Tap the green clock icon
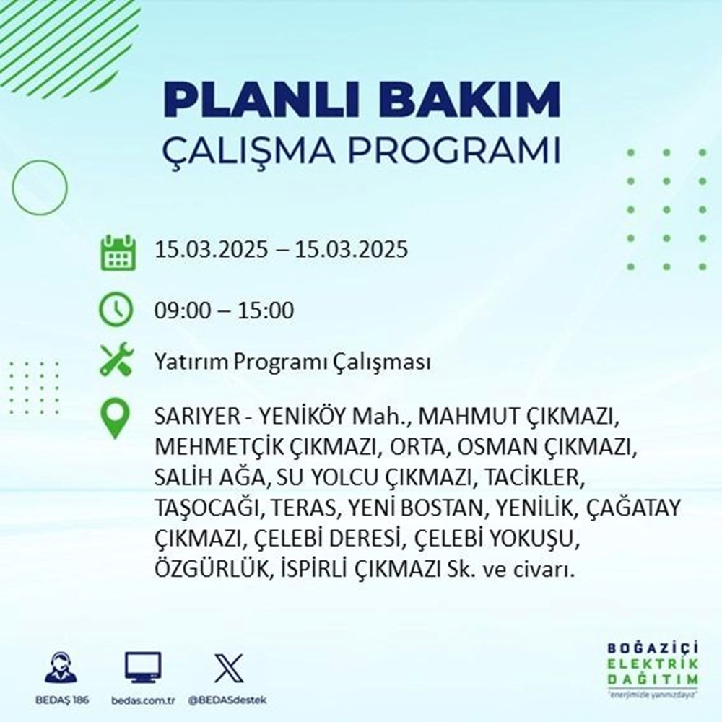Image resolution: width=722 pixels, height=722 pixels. coord(116,310)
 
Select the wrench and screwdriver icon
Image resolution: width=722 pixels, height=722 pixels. coord(116,360)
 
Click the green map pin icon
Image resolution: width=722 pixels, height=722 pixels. coord(116,419)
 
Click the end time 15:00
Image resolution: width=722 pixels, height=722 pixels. coord(268,311)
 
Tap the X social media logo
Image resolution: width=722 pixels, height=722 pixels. coord(224,669)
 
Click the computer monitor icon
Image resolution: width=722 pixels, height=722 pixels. coord(143,668)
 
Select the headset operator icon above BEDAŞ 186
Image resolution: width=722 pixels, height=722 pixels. coord(61,668)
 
